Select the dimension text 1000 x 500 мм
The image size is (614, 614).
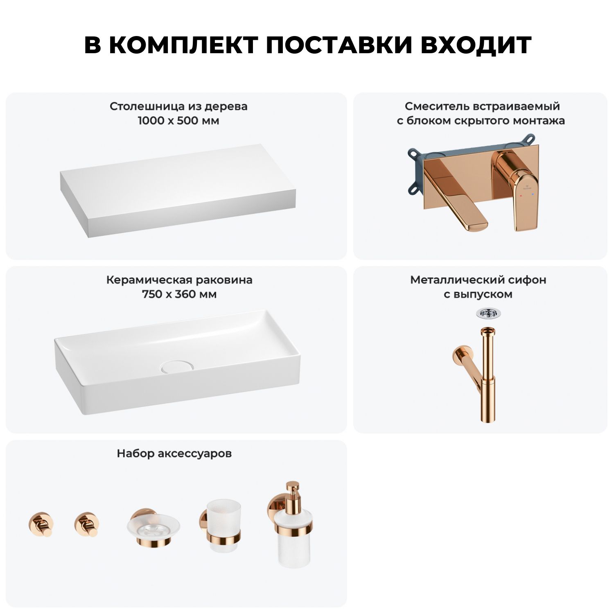(178, 121)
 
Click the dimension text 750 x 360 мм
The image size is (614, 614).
(179, 294)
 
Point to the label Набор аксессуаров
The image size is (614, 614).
(174, 454)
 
